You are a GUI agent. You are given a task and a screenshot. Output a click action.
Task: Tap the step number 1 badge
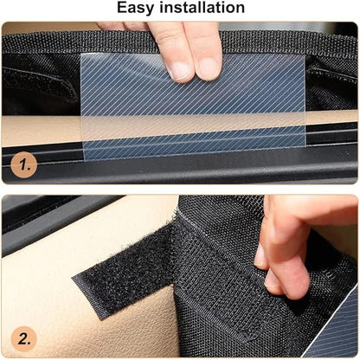(x=26, y=164)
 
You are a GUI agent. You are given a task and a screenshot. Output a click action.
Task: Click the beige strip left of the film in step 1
(x=39, y=130)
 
